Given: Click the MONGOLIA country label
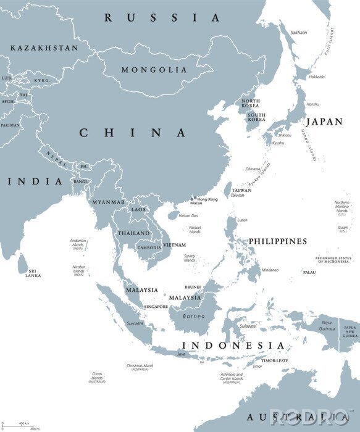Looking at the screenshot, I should click(154, 70).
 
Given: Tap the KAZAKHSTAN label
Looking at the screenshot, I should click(44, 48).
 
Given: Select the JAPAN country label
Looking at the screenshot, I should click(324, 122).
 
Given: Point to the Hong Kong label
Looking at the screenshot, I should click(207, 199).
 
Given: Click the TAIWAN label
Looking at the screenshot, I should click(241, 190).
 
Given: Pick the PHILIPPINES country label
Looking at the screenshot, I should click(277, 241).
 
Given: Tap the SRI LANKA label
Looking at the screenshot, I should click(33, 273).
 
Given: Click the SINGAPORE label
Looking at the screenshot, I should click(156, 307).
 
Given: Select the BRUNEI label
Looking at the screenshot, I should click(193, 288).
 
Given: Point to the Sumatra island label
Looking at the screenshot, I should click(135, 323).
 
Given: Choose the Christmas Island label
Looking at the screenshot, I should click(139, 367).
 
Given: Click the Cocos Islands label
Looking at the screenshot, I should click(96, 376).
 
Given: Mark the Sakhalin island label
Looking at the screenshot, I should click(299, 32).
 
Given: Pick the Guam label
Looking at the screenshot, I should click(343, 229).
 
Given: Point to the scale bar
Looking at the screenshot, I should click(19, 425).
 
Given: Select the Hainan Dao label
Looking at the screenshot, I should click(188, 215).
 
